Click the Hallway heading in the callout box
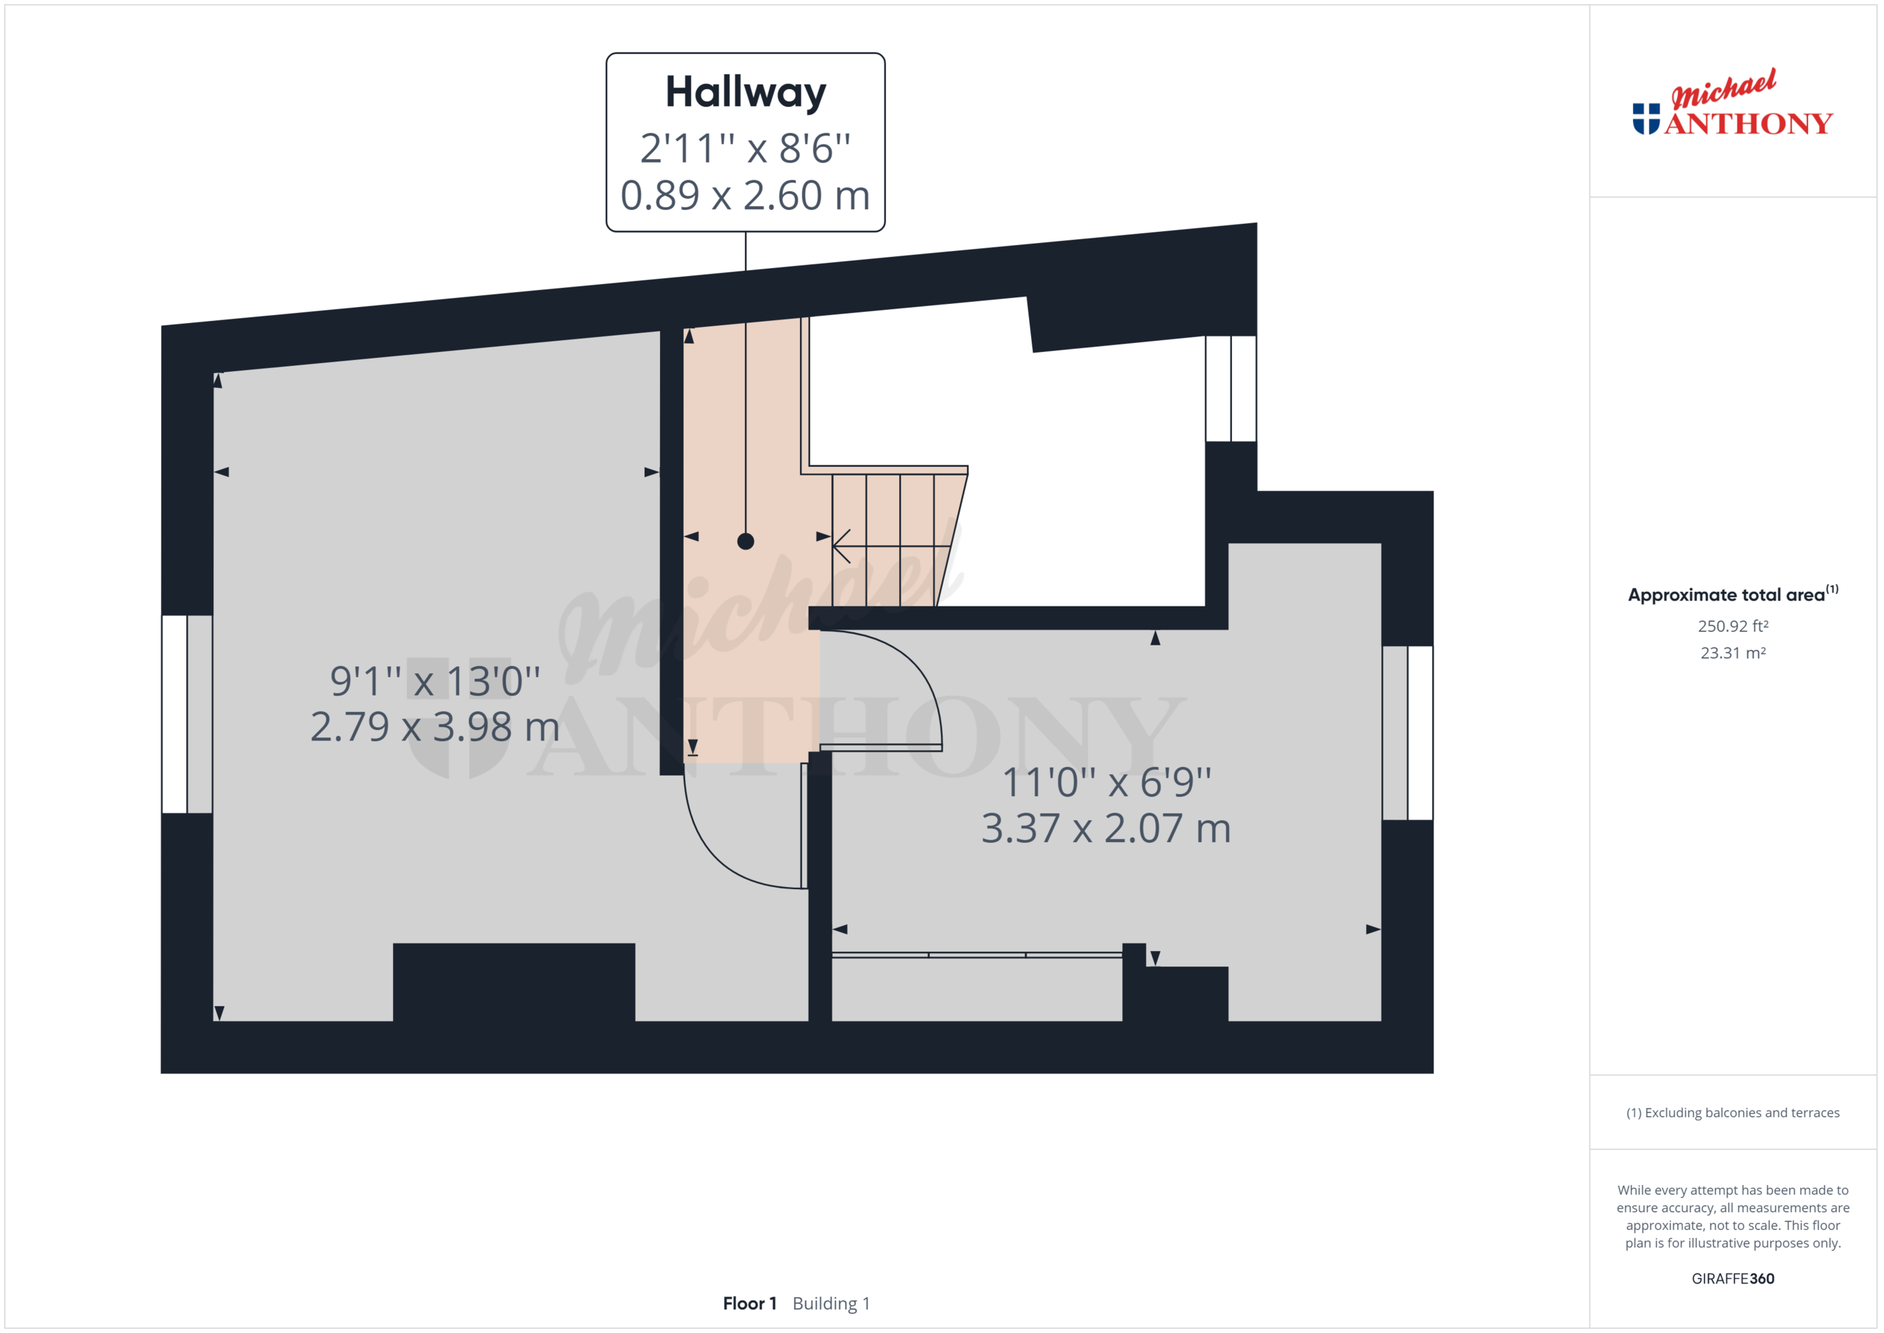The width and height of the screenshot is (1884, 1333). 745,92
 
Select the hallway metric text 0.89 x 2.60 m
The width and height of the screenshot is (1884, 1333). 745,195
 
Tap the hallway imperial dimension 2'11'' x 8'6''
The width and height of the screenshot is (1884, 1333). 745,149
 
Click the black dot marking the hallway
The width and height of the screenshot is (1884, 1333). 745,541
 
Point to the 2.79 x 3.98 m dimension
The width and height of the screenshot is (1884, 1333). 435,727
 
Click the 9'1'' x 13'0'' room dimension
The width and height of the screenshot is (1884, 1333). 435,680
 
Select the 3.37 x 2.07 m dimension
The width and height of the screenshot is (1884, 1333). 1106,828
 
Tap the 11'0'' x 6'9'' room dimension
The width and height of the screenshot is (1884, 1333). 1106,782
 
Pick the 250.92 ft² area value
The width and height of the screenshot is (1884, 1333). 1732,626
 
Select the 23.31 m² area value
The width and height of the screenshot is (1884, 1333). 1732,654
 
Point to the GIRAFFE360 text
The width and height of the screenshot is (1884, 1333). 1732,1279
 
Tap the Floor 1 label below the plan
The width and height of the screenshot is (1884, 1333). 749,1304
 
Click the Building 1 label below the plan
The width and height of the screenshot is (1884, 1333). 830,1304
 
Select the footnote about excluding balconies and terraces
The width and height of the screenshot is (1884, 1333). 1732,1113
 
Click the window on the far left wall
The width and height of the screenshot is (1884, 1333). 187,714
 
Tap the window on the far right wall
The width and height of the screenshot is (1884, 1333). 1407,733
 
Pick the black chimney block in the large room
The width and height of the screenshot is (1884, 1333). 514,983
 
